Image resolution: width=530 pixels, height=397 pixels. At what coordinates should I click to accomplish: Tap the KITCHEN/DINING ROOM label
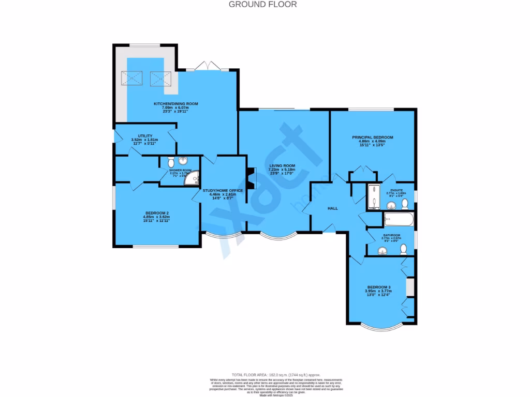click(x=176, y=104)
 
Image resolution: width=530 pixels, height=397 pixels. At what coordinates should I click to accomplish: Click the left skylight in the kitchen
click(x=131, y=79)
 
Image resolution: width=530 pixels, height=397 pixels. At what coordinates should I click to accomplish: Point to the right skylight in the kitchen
click(x=160, y=79)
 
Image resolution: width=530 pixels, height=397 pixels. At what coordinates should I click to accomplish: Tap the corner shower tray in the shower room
click(x=195, y=179)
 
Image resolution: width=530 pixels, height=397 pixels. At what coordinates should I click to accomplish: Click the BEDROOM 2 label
click(x=157, y=213)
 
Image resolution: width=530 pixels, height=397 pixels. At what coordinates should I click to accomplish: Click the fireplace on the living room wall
click(x=251, y=178)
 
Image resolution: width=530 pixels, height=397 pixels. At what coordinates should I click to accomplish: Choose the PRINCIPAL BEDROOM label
click(x=373, y=138)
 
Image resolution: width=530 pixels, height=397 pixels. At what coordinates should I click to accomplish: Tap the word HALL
click(x=332, y=208)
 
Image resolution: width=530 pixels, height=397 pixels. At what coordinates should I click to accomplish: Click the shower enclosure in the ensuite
click(x=373, y=196)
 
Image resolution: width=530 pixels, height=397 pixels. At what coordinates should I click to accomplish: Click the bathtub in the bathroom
click(x=399, y=220)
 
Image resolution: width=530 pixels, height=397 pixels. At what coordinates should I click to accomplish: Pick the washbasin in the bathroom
click(x=383, y=251)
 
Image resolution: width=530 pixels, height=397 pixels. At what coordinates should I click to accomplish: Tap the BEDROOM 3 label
click(x=379, y=287)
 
